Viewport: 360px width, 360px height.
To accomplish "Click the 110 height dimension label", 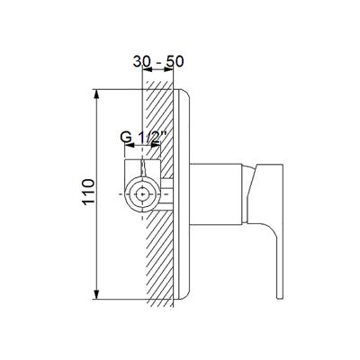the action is click(x=89, y=192).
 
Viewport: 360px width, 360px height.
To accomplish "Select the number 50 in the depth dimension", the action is click(x=175, y=61).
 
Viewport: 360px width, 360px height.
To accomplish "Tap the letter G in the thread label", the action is click(x=126, y=138).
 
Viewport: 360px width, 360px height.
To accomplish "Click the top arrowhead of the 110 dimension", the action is click(x=96, y=94).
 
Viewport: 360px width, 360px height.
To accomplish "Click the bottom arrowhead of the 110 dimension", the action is click(x=96, y=294).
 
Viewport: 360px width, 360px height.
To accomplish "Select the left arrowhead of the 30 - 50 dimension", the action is click(x=147, y=69).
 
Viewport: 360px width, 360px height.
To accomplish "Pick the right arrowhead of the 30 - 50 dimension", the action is click(x=168, y=69).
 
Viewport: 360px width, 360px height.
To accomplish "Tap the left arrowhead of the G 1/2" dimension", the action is click(x=129, y=145).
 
